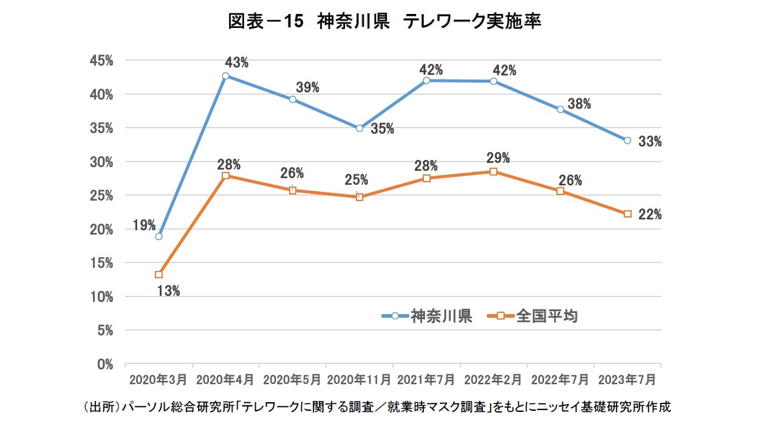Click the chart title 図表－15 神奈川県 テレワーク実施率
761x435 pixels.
tap(384, 22)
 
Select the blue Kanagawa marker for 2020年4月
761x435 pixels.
tap(225, 77)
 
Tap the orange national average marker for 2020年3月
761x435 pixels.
tap(159, 275)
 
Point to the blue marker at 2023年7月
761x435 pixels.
tap(627, 140)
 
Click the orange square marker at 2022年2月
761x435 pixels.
tap(494, 172)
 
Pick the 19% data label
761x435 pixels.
tap(145, 226)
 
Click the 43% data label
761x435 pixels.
tap(236, 62)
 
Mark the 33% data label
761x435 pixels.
tap(650, 142)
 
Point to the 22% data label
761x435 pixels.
tap(650, 215)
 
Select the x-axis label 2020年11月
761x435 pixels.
tap(360, 380)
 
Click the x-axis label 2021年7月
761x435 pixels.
tap(426, 380)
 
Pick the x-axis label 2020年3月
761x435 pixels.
tap(159, 380)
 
